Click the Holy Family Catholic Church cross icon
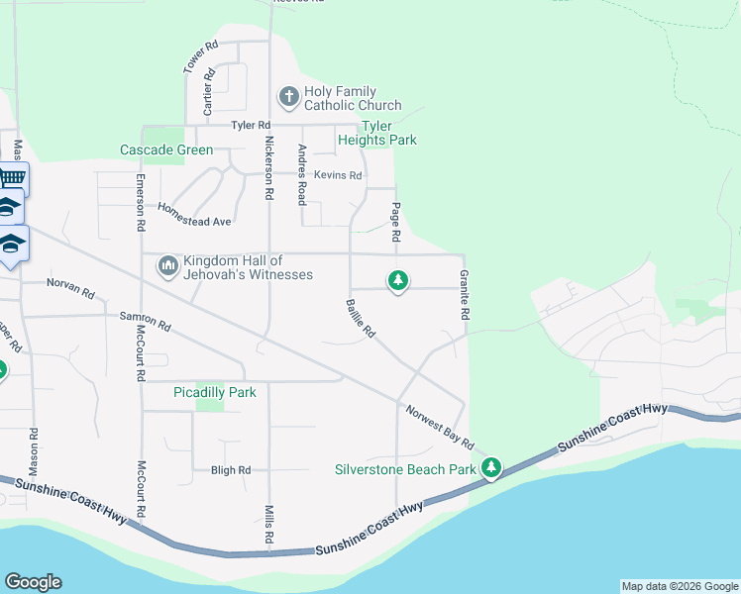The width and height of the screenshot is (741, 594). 288,97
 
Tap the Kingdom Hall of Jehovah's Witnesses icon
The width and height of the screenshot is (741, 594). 166,266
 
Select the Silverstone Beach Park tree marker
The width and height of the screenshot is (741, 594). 491,467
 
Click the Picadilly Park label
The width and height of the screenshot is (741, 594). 215,392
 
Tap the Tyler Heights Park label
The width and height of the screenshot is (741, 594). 388,133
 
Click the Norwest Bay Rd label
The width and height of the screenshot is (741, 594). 439,424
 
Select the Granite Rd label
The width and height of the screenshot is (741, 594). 463,294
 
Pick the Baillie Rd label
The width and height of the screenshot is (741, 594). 360,319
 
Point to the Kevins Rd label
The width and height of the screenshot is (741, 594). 338,175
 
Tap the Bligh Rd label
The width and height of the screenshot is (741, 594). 231,470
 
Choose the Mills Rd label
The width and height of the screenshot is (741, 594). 268,525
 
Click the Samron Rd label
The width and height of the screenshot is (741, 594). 145,320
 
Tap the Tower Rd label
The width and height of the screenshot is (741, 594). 200,56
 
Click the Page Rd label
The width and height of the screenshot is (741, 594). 395,223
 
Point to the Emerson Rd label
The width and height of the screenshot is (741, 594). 142,203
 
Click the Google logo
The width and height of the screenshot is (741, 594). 33,582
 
